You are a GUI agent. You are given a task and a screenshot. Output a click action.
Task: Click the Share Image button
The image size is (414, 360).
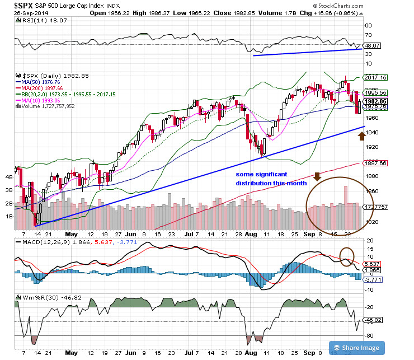point(358,347)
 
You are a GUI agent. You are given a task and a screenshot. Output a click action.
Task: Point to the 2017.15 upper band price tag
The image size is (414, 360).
point(376,77)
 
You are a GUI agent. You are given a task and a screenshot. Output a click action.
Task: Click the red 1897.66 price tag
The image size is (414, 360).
point(376,163)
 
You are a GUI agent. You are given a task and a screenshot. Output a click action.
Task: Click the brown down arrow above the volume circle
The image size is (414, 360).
point(317,177)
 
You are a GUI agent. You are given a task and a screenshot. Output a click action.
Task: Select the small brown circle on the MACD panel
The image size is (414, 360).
point(347,256)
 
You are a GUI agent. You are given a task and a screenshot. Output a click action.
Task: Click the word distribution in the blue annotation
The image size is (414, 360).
point(256,183)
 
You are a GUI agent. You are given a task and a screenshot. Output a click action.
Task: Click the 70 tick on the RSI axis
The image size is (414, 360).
point(368,35)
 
